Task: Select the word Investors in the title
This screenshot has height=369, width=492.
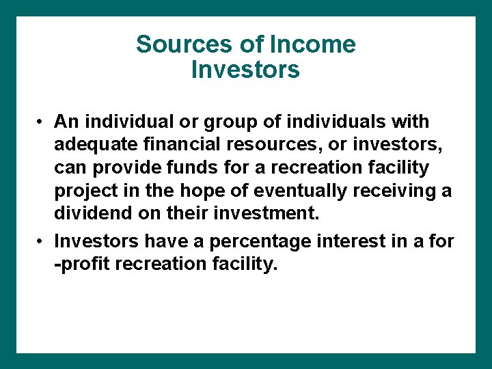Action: click(x=245, y=69)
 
